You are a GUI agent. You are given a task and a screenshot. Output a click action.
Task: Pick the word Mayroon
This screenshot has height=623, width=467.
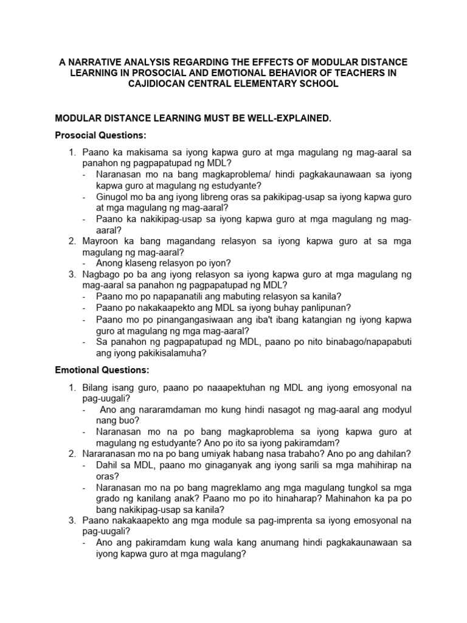click(x=102, y=241)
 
